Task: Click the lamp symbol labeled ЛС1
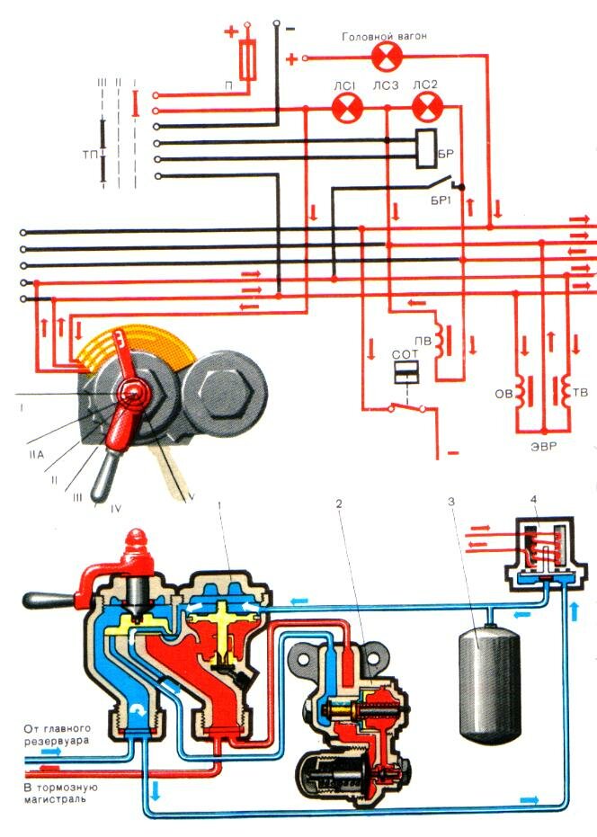(345, 109)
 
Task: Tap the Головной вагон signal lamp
(389, 58)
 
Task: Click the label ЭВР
(541, 445)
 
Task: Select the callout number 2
(338, 504)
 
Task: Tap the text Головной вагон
(384, 36)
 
